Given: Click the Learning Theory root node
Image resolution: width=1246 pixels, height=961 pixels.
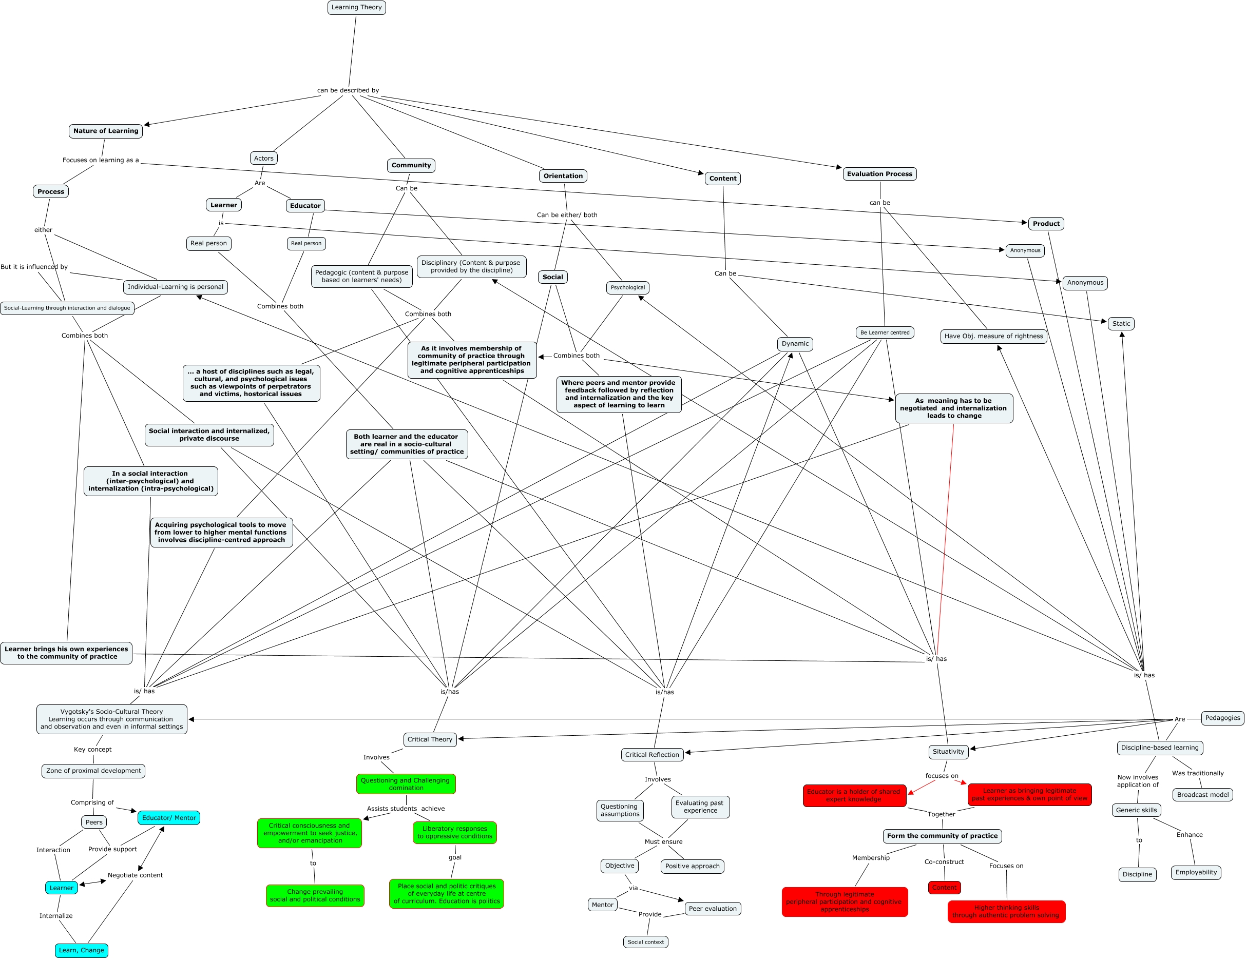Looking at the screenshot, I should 357,7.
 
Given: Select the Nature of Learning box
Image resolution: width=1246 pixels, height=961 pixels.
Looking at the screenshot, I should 106,131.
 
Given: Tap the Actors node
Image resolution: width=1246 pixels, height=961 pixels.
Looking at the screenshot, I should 263,159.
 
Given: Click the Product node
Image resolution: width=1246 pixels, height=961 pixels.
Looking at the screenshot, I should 1046,224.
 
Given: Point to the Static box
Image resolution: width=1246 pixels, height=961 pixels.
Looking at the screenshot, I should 1121,324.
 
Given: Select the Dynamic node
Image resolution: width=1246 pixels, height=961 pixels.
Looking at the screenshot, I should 795,344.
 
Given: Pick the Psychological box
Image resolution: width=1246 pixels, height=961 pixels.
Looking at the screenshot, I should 627,287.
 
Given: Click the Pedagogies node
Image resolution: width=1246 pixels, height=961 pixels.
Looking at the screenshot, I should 1222,718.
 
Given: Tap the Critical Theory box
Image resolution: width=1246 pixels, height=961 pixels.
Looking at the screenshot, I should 430,740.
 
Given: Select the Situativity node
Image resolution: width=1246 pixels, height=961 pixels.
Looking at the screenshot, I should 948,752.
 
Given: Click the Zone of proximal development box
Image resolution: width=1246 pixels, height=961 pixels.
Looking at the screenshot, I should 93,771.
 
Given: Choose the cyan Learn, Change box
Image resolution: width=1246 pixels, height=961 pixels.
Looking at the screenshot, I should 82,950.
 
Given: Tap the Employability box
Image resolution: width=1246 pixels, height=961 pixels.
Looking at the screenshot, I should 1196,873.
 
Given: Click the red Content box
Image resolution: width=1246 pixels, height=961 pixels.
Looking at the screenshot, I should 944,888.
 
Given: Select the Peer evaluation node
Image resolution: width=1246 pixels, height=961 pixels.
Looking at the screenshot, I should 713,909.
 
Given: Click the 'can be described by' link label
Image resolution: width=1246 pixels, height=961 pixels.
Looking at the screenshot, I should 348,91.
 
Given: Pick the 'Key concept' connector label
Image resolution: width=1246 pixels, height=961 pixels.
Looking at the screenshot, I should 92,750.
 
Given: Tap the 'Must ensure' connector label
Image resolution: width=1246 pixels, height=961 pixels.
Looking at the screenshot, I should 663,842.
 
